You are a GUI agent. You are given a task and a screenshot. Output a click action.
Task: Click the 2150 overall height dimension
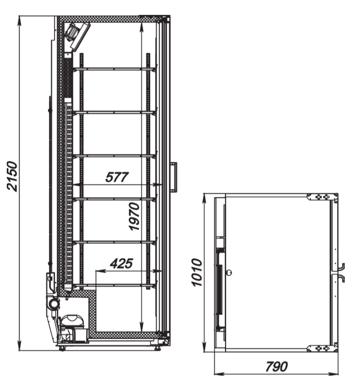coord(12,176)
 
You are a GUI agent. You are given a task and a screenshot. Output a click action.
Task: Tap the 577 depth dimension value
coord(117,177)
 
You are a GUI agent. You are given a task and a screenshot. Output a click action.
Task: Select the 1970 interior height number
coord(134,216)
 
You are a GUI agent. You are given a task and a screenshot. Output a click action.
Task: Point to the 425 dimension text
coord(121,264)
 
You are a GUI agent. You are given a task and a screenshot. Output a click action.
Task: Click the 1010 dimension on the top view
coord(197,272)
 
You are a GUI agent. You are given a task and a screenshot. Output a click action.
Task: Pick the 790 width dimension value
coord(276,367)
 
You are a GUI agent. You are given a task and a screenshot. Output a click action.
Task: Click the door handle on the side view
coord(174,176)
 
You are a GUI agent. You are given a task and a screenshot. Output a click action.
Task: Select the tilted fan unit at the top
coord(77,36)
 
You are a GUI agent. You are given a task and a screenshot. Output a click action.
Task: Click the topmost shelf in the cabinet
coord(114,70)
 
